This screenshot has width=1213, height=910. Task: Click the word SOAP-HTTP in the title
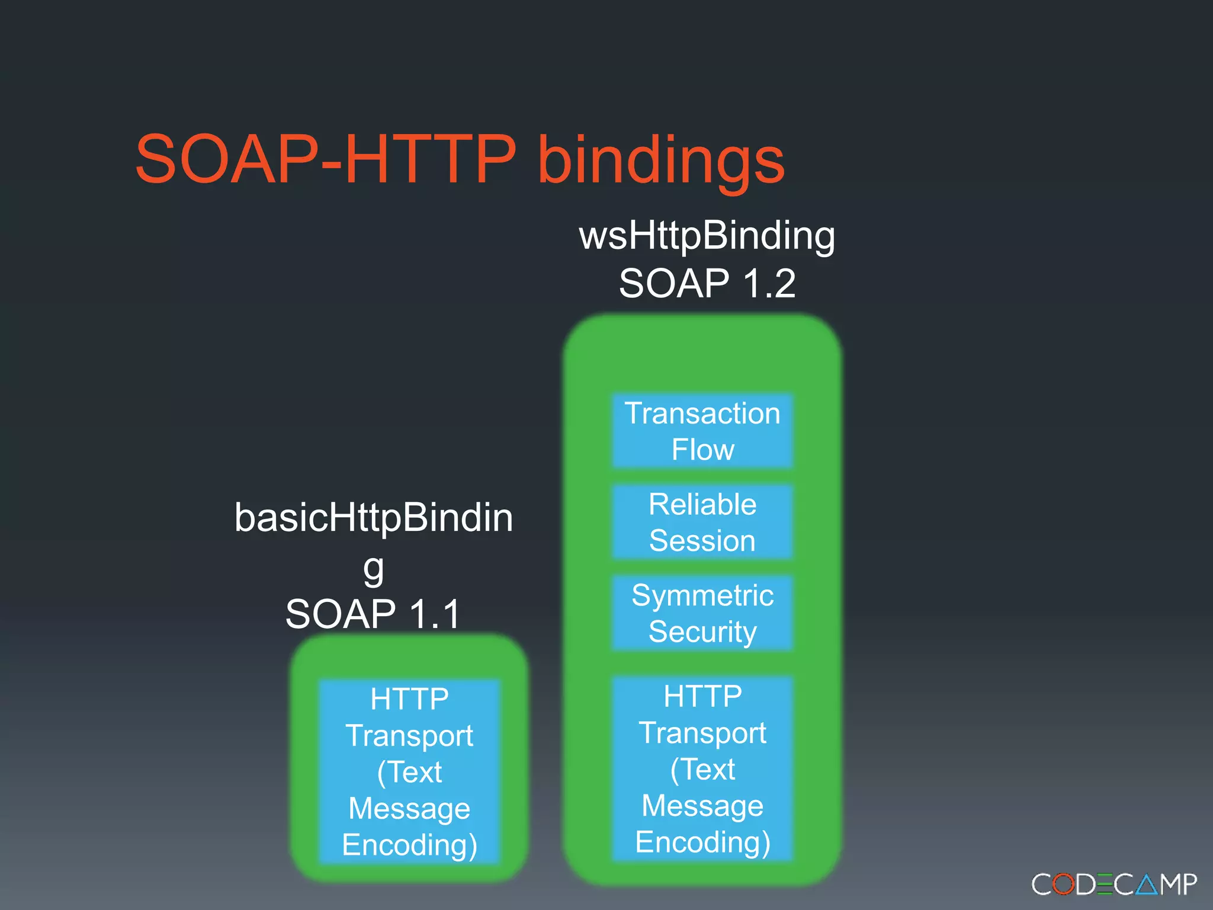pos(325,159)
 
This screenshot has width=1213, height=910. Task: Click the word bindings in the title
pos(660,161)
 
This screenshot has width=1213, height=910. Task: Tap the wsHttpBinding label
pos(707,236)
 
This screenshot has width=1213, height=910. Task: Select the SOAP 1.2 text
pos(707,283)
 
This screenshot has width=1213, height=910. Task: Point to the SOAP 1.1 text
pos(373,614)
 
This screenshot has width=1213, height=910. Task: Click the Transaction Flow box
pos(702,431)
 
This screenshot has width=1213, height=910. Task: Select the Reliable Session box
pos(702,522)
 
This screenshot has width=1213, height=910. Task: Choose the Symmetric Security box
pos(702,613)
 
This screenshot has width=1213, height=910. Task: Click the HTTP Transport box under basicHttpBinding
pos(409,771)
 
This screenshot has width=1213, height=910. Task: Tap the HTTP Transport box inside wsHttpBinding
pos(702,768)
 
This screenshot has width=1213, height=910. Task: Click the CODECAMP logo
pos(1113,885)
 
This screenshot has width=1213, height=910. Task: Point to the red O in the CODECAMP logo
pos(1063,885)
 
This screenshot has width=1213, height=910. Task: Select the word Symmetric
pos(702,595)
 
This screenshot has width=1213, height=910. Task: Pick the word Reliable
pos(702,505)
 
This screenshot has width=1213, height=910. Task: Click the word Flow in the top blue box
pos(702,450)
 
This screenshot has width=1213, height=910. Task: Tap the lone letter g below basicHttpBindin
pos(373,569)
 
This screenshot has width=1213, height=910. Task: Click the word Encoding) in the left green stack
pos(409,845)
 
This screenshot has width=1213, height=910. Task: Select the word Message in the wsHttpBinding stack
pos(702,806)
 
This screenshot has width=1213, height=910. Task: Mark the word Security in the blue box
pos(702,632)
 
